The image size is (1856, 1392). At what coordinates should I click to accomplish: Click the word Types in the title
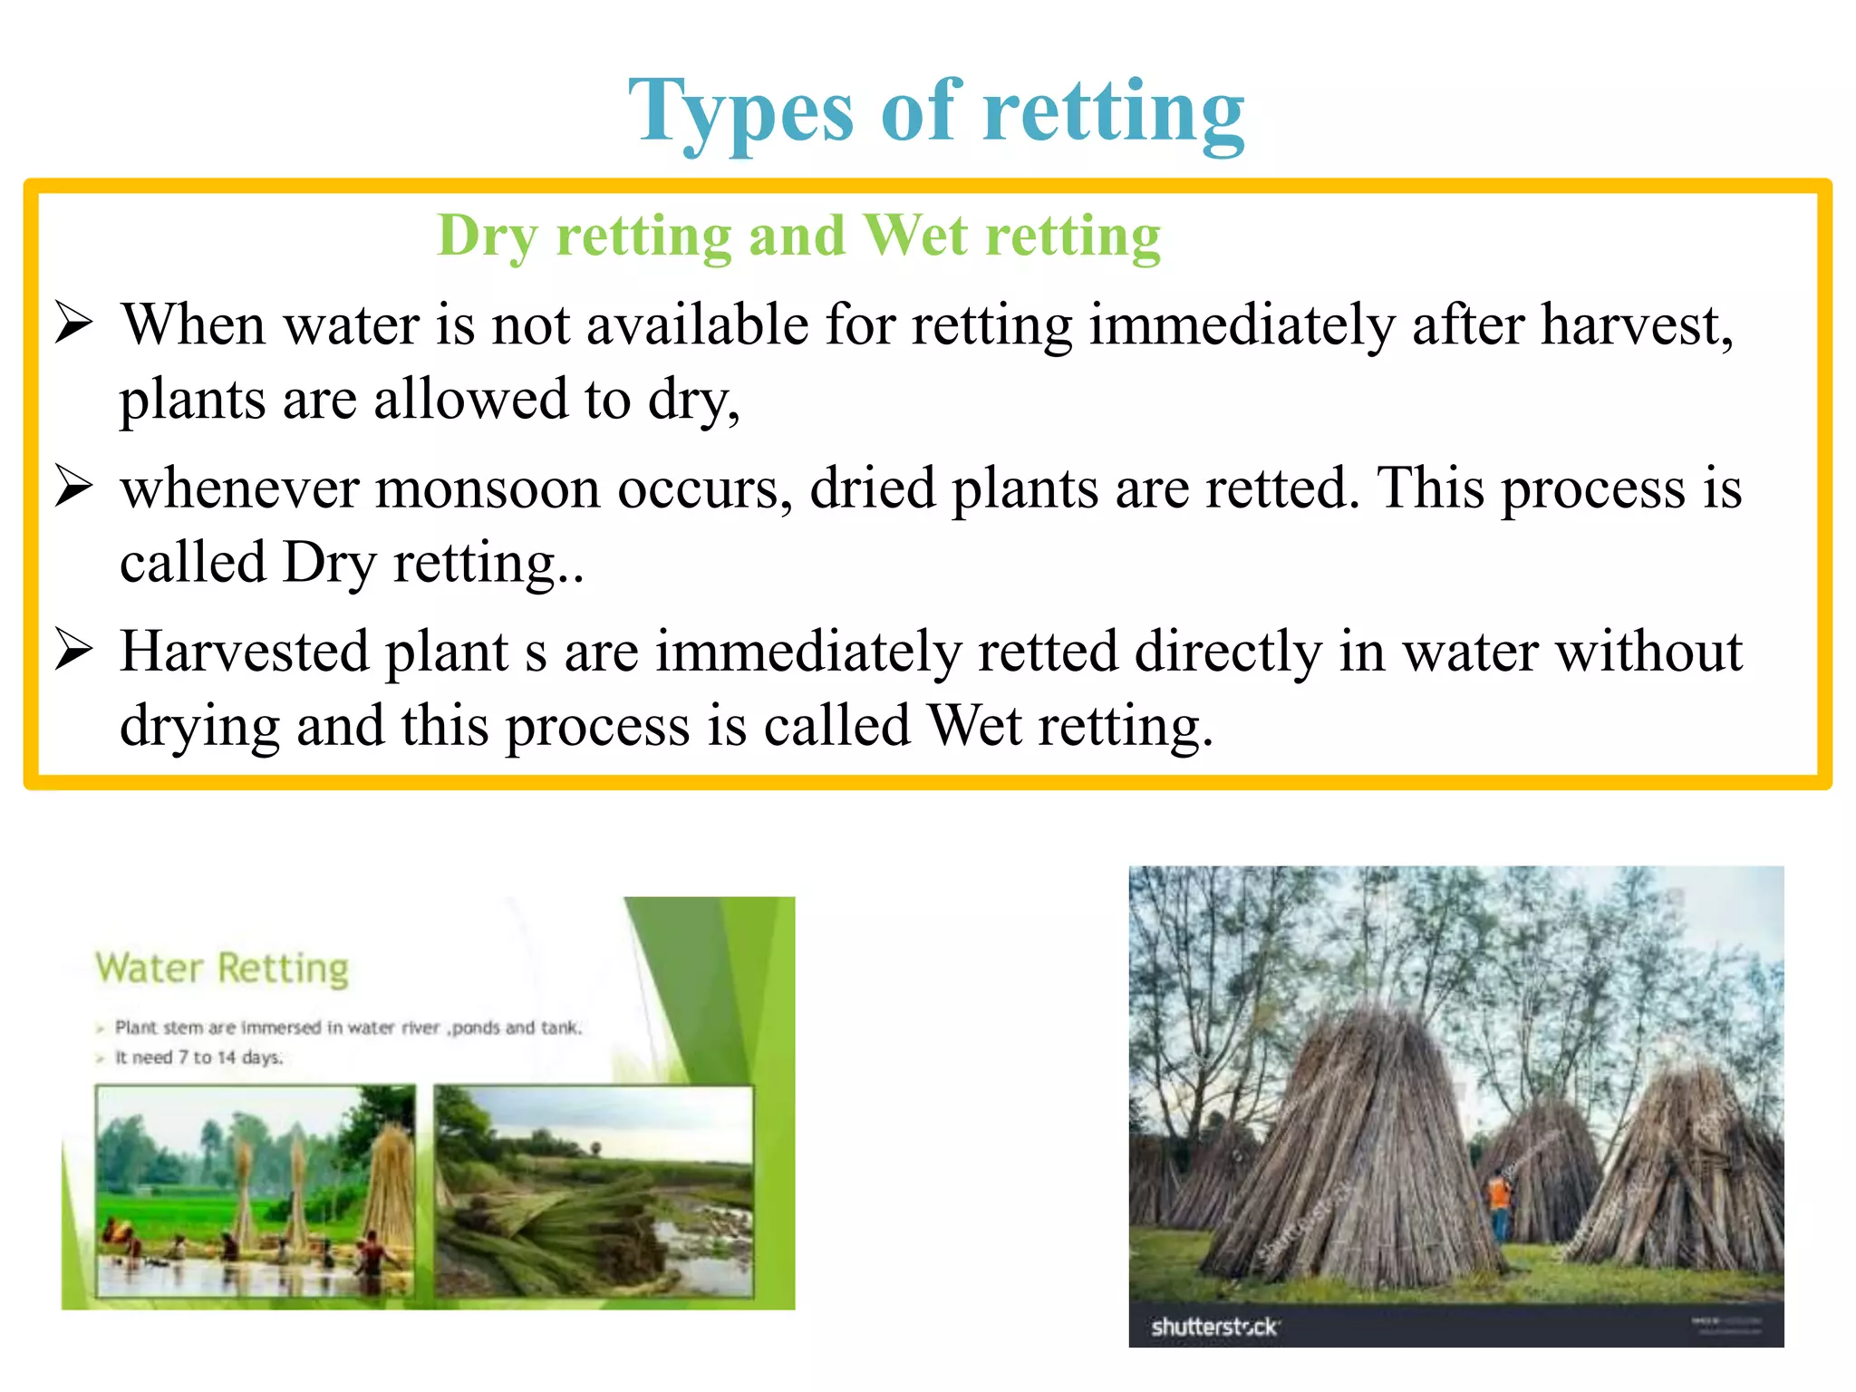(740, 112)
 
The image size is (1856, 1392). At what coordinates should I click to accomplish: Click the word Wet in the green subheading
(915, 236)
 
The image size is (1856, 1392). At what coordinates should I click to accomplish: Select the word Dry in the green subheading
(487, 236)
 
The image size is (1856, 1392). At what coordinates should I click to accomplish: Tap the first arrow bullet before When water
(73, 324)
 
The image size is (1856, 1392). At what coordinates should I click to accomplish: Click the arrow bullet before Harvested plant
(73, 650)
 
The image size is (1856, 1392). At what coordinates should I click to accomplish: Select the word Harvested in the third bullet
(245, 652)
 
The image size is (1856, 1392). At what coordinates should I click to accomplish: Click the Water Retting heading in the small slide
(222, 968)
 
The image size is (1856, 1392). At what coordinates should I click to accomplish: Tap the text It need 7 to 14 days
(198, 1058)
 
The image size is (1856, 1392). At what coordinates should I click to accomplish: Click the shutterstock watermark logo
(1213, 1327)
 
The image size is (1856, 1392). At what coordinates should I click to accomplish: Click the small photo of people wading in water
(256, 1191)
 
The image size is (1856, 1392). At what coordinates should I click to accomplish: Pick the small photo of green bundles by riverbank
(594, 1191)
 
